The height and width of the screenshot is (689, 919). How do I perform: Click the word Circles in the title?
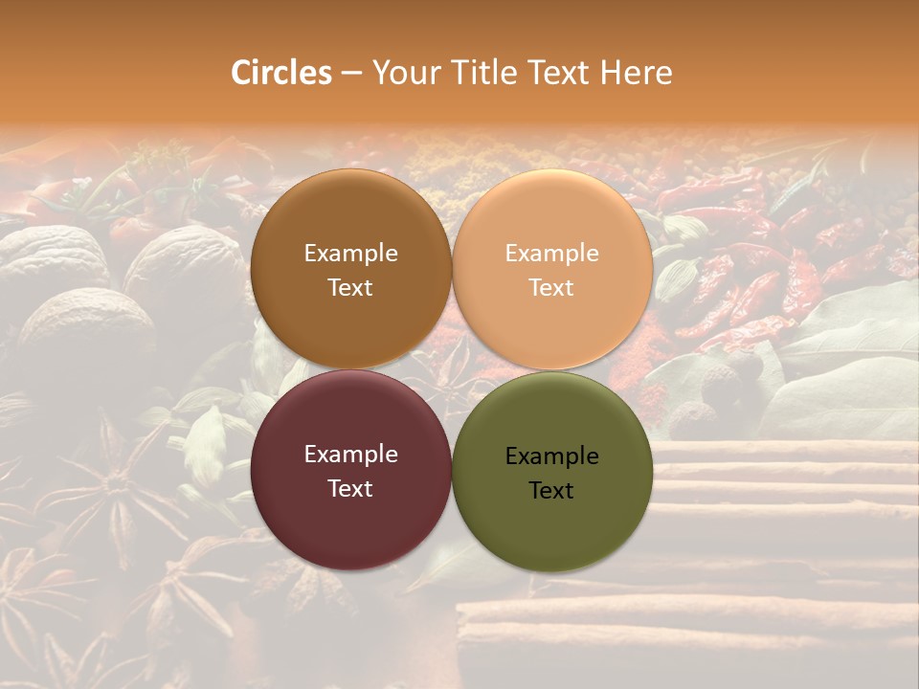(x=281, y=73)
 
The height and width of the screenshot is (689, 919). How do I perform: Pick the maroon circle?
(x=350, y=522)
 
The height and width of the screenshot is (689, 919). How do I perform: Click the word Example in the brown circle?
(x=350, y=254)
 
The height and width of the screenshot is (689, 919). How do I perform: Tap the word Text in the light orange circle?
(x=551, y=287)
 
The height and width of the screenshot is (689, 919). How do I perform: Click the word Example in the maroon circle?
(x=350, y=455)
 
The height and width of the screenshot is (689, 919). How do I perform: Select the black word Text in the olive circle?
(x=551, y=490)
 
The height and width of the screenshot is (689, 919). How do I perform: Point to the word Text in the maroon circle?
(x=350, y=488)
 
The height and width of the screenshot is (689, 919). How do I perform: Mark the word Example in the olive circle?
(x=551, y=456)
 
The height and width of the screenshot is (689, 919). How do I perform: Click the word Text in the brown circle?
(x=350, y=287)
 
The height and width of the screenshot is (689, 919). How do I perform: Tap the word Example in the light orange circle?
(x=551, y=254)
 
